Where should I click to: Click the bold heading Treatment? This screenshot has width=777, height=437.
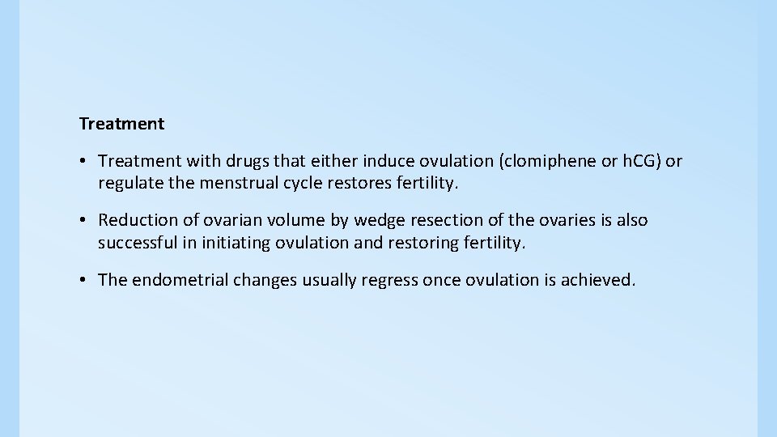[x=121, y=124]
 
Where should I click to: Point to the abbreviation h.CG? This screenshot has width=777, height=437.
[x=639, y=161]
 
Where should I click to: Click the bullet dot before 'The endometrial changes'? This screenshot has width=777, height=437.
[x=84, y=280]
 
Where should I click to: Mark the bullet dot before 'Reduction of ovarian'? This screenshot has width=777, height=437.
[x=84, y=220]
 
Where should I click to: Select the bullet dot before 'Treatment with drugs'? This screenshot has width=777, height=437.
[x=84, y=161]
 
